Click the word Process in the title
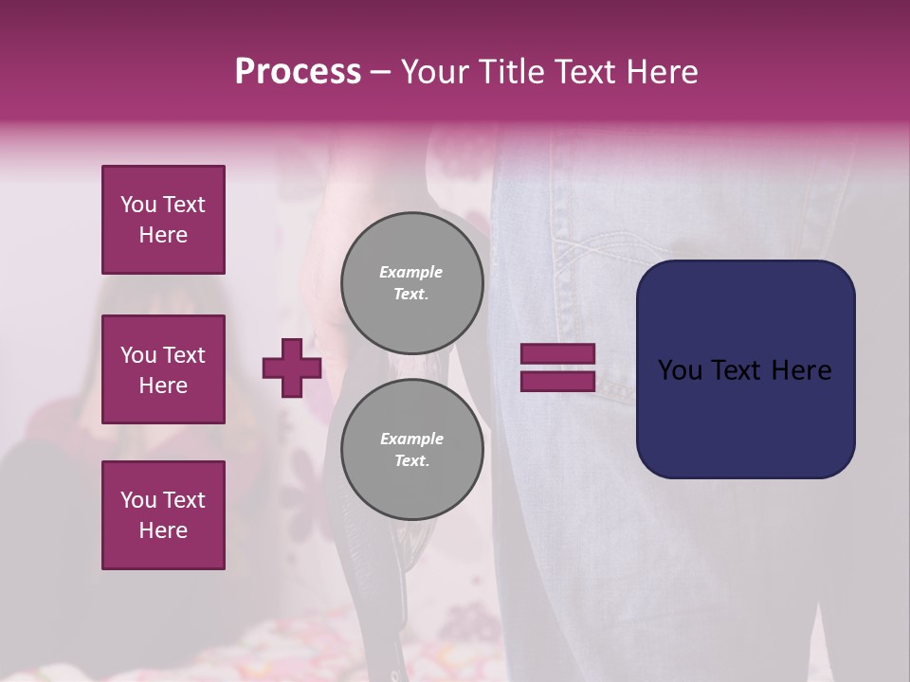pyautogui.click(x=298, y=72)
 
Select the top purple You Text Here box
pyautogui.click(x=163, y=220)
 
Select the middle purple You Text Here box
pyautogui.click(x=163, y=369)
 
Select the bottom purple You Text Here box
pyautogui.click(x=163, y=515)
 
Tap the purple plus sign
pyautogui.click(x=292, y=368)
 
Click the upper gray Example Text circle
pyautogui.click(x=412, y=282)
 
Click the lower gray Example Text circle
pyautogui.click(x=412, y=449)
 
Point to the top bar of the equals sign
pyautogui.click(x=557, y=353)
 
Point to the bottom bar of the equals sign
pyautogui.click(x=557, y=381)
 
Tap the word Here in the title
pyautogui.click(x=664, y=72)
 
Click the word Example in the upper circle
pyautogui.click(x=411, y=272)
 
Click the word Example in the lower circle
pyautogui.click(x=411, y=439)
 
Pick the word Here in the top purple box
pyautogui.click(x=163, y=235)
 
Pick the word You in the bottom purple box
pyautogui.click(x=138, y=500)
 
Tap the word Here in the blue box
pyautogui.click(x=801, y=370)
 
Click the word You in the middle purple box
pyautogui.click(x=138, y=355)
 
